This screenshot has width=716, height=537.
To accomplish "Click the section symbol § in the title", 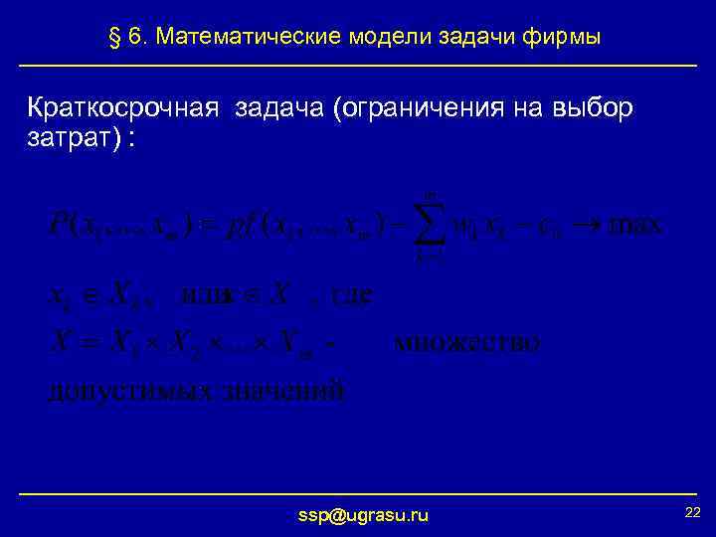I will (113, 38).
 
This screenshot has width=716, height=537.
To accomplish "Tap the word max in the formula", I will (634, 225).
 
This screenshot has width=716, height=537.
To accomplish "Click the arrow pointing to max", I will (580, 226).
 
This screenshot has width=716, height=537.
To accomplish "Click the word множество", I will (467, 344).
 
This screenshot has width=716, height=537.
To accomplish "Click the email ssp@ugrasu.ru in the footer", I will (364, 515).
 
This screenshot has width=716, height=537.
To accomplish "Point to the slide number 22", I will (693, 511).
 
